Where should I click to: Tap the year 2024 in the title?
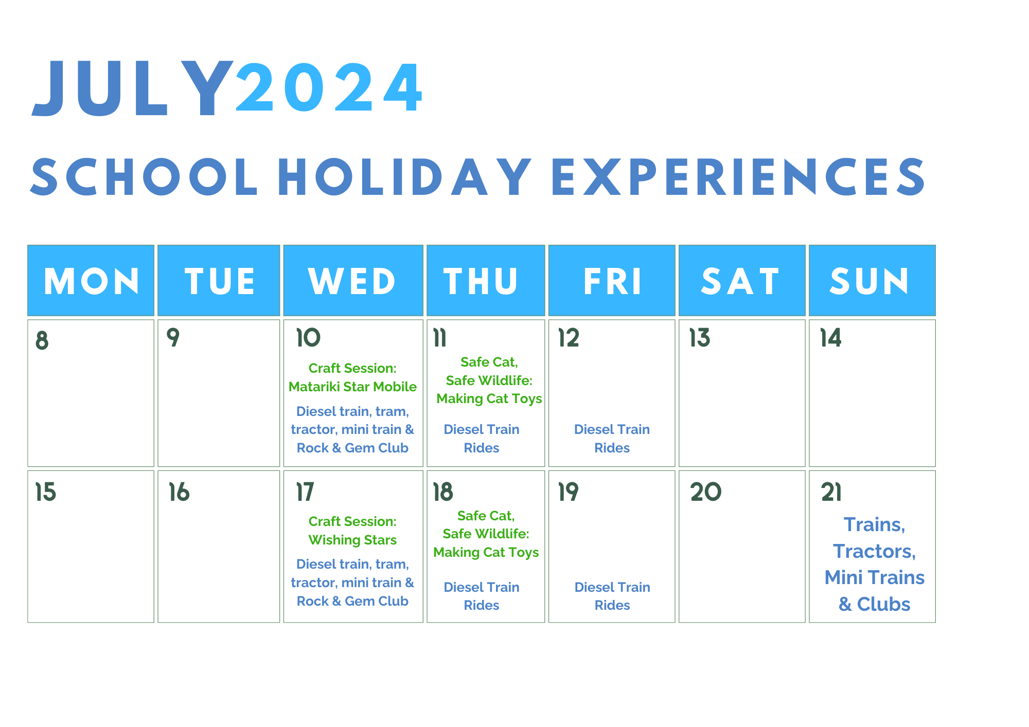click(x=329, y=87)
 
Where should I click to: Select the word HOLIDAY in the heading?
click(x=405, y=177)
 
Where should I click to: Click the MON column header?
click(x=91, y=281)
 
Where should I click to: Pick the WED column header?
click(x=353, y=281)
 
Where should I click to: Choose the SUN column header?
click(x=872, y=281)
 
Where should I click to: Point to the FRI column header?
click(x=612, y=281)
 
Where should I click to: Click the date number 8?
click(x=42, y=340)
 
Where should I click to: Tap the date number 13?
click(x=700, y=338)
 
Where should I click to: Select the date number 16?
click(x=179, y=492)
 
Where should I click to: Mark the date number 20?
click(x=706, y=492)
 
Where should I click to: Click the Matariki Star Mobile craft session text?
click(x=352, y=377)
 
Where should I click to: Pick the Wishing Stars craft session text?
click(x=352, y=531)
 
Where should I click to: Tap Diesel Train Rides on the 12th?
click(x=612, y=439)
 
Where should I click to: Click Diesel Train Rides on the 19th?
click(x=612, y=596)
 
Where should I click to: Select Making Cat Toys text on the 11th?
click(x=489, y=398)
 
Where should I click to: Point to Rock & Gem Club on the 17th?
click(x=352, y=601)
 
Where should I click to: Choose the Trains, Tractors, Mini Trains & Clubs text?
click(x=874, y=564)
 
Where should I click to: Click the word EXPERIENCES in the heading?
click(x=738, y=177)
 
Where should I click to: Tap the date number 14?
click(x=830, y=338)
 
